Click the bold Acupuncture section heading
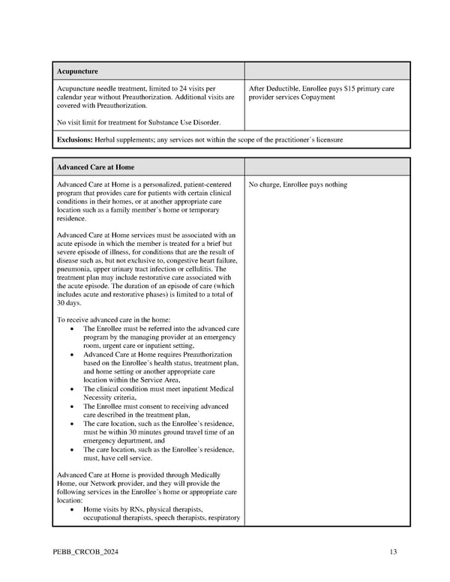click(x=77, y=71)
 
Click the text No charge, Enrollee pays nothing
click(x=298, y=184)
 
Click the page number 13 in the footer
click(x=394, y=553)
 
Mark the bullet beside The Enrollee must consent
click(x=70, y=406)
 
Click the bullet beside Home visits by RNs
click(x=70, y=509)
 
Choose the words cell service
click(x=130, y=457)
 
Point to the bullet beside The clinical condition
click(x=70, y=388)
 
